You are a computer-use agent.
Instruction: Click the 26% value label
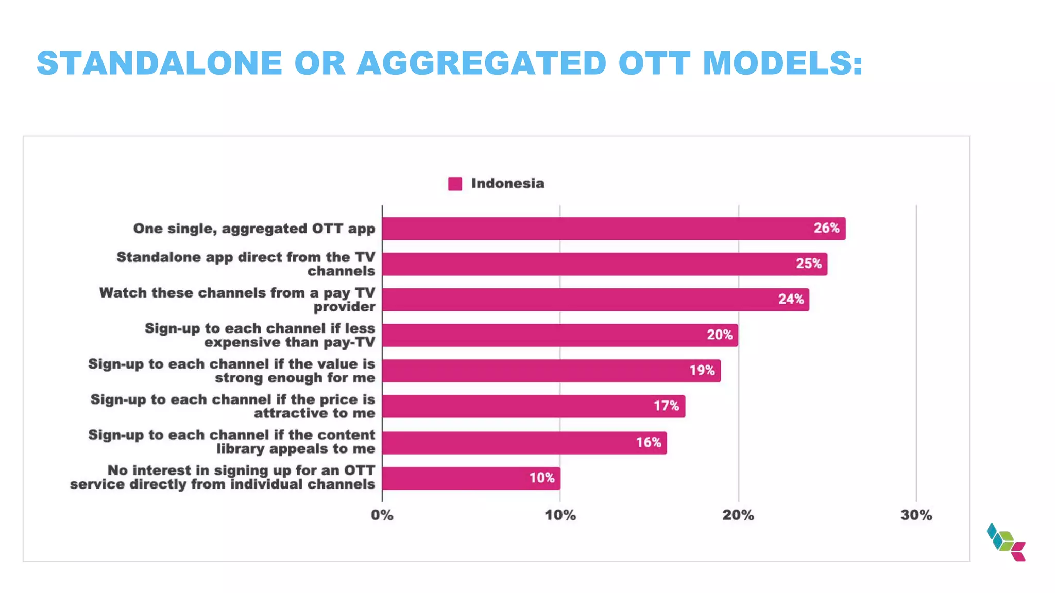(x=826, y=228)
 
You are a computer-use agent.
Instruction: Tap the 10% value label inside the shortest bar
(x=542, y=478)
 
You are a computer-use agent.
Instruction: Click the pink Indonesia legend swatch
(x=455, y=184)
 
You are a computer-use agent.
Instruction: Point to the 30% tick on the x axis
(x=916, y=515)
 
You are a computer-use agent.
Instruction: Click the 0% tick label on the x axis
(x=382, y=515)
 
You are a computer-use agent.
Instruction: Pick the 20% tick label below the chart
(x=738, y=515)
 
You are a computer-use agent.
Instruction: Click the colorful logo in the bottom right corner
(x=1006, y=542)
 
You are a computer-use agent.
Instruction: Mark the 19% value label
(x=702, y=370)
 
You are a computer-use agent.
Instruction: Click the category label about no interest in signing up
(x=223, y=477)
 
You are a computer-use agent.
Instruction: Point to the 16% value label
(x=648, y=442)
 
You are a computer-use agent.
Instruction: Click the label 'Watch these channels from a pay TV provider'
(x=237, y=300)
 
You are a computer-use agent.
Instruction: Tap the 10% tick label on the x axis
(x=560, y=515)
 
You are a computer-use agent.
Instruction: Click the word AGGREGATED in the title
(x=482, y=63)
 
